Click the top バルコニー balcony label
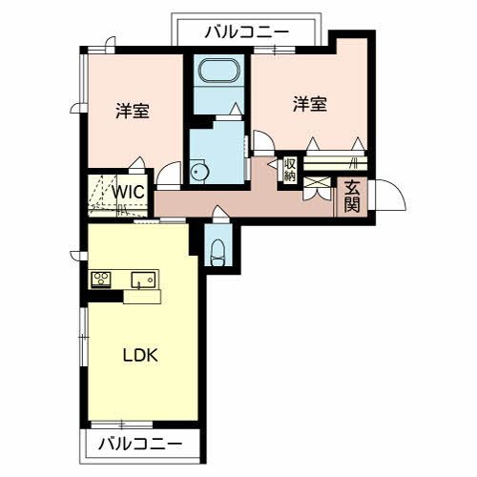[x=246, y=32]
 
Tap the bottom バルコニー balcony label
[x=140, y=444]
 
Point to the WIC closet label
[x=127, y=190]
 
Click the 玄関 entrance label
[x=351, y=196]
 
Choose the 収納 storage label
[x=289, y=170]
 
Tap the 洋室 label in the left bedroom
[x=133, y=111]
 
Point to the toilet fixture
[x=218, y=250]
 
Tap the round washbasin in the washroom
[x=198, y=172]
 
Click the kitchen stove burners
[x=101, y=279]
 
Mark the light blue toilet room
[x=218, y=243]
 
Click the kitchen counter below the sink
[x=143, y=296]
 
